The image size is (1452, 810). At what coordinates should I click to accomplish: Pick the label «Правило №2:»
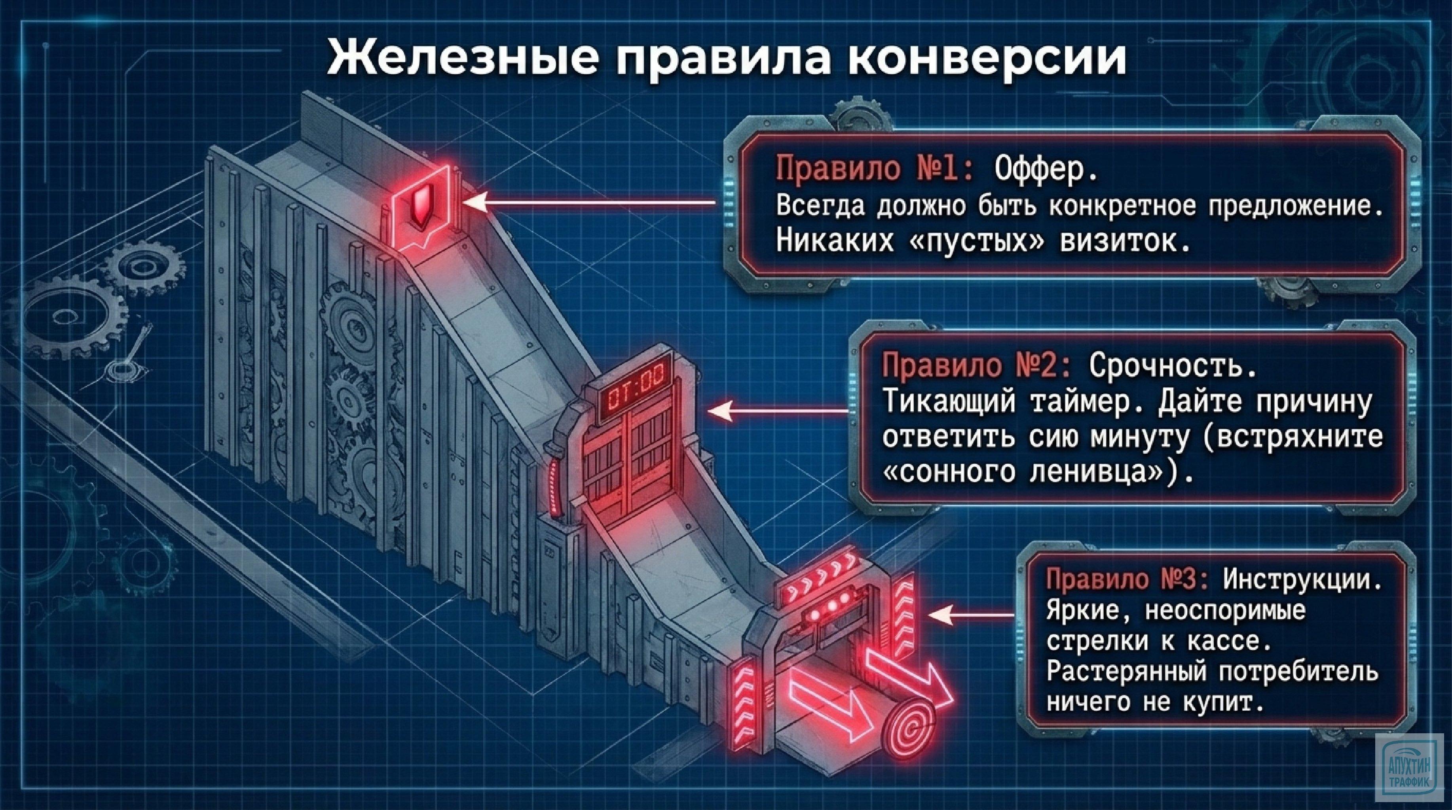coord(978,367)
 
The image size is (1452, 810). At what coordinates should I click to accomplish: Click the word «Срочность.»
coord(1173,367)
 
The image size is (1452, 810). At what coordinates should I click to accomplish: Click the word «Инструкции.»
coord(1302,580)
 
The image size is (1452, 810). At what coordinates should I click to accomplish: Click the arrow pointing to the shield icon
coord(592,203)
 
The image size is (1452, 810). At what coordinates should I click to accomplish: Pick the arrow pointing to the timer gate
coord(778,411)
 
